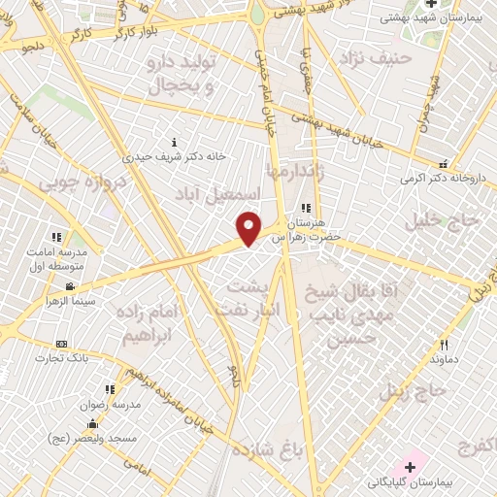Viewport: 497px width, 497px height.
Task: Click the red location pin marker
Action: (249, 228)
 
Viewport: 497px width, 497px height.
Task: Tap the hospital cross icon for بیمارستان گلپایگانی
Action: (411, 468)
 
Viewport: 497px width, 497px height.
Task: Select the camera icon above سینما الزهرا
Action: (70, 286)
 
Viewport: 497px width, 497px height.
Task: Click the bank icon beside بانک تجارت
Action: (62, 345)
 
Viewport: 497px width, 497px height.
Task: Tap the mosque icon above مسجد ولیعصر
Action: (92, 423)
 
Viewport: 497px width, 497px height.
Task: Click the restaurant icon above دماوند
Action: (444, 345)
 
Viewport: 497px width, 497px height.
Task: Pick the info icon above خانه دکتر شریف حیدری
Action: (174, 143)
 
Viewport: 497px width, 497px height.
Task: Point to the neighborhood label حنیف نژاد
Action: (376, 57)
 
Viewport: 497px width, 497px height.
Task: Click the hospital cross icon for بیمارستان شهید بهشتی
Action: (431, 5)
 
